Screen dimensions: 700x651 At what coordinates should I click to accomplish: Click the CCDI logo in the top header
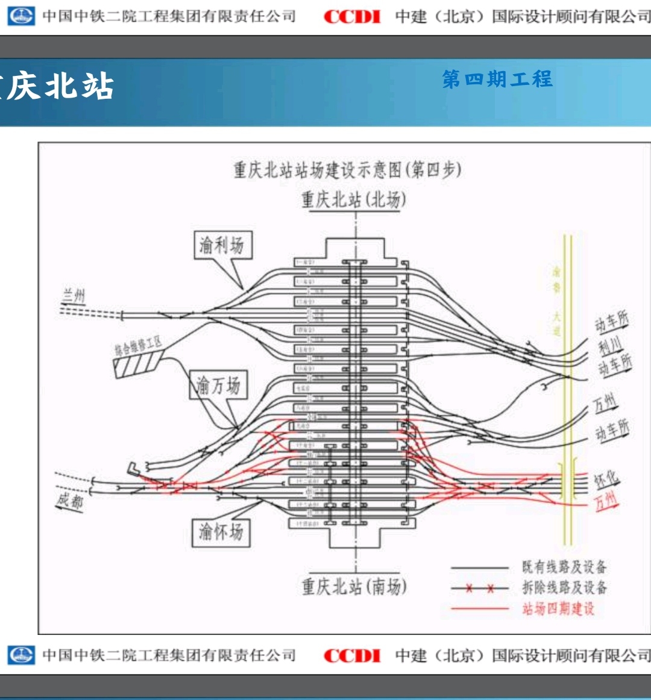pos(353,17)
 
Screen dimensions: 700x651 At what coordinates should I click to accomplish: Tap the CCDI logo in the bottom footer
pos(353,655)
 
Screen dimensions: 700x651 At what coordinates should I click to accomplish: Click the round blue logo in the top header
pos(22,16)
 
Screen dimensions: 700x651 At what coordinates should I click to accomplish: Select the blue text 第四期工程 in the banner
pos(497,79)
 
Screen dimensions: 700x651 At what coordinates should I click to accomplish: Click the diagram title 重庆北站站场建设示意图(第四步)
pos(348,170)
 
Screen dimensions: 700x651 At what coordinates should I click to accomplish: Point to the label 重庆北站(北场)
pos(354,199)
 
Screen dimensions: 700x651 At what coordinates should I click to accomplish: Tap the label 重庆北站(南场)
pos(354,586)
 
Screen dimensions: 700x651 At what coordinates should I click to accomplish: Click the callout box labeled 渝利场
pos(222,245)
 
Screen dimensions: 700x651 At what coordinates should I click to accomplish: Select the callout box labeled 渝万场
pos(218,385)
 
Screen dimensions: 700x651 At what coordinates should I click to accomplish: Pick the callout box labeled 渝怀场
pos(221,532)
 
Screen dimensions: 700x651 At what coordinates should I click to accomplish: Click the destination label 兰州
pos(75,296)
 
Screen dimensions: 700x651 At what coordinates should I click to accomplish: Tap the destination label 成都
pos(70,499)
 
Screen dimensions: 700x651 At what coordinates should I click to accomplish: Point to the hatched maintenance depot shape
pos(136,364)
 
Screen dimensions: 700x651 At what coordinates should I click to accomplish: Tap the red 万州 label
pos(606,500)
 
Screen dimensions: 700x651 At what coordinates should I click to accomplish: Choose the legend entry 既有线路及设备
pos(564,567)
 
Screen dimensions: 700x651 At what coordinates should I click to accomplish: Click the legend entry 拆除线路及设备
pos(564,587)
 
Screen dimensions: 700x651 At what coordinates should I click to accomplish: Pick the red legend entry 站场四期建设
pos(558,608)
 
